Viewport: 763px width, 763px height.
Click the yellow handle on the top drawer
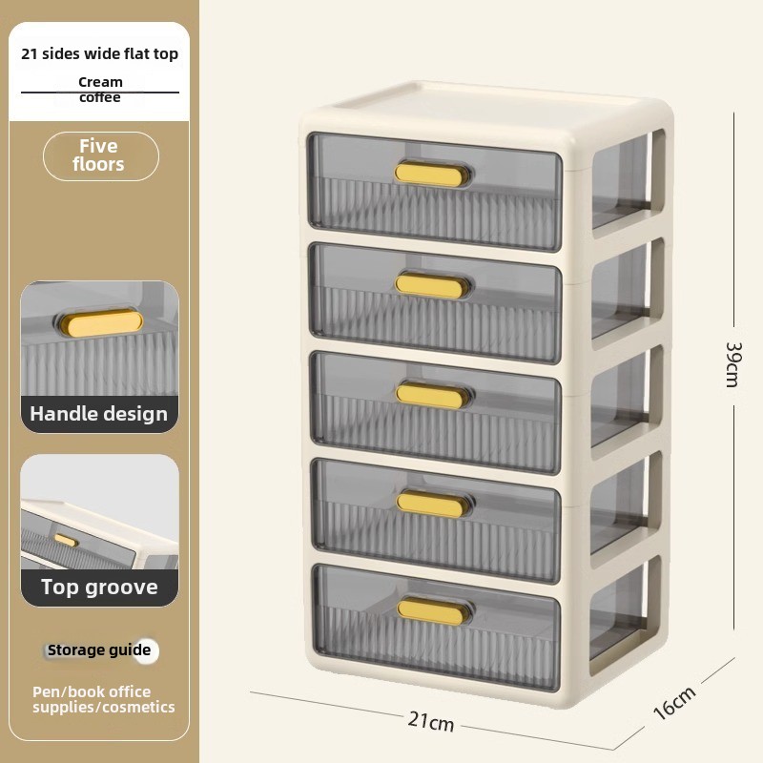pyautogui.click(x=428, y=175)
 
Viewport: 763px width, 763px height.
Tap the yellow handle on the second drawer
pyautogui.click(x=429, y=285)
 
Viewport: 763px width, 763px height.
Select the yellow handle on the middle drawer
pyautogui.click(x=430, y=395)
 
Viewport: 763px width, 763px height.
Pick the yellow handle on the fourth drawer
pyautogui.click(x=431, y=504)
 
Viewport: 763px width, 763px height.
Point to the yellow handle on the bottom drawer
pyautogui.click(x=431, y=610)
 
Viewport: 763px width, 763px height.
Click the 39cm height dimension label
pyautogui.click(x=732, y=364)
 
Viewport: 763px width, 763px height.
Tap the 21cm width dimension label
pyautogui.click(x=431, y=721)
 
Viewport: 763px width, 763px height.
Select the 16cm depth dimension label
pyautogui.click(x=675, y=703)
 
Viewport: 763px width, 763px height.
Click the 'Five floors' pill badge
pyautogui.click(x=101, y=156)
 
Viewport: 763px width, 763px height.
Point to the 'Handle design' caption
pyautogui.click(x=99, y=414)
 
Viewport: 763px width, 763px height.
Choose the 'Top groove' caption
pyautogui.click(x=99, y=588)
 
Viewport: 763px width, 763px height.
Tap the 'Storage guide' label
pyautogui.click(x=99, y=650)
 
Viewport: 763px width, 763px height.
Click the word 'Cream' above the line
pyautogui.click(x=100, y=82)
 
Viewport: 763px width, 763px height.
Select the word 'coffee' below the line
pyautogui.click(x=100, y=98)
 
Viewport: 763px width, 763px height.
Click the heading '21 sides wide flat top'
pyautogui.click(x=100, y=53)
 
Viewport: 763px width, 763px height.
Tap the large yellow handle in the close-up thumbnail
pyautogui.click(x=102, y=323)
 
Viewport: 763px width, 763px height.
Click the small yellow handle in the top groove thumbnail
pyautogui.click(x=65, y=540)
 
